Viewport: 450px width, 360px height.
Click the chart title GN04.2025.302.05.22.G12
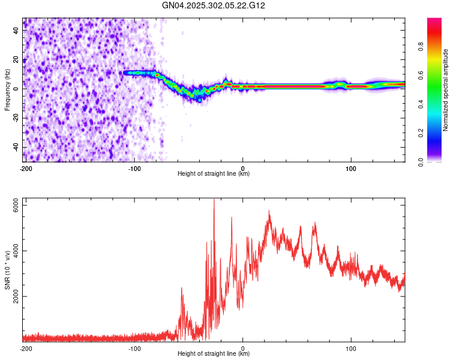click(213, 5)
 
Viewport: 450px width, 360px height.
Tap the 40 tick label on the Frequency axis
click(16, 31)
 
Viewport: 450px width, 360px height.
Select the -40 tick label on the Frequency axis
click(16, 147)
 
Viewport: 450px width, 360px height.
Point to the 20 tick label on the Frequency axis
click(16, 60)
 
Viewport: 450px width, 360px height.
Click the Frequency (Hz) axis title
click(7, 90)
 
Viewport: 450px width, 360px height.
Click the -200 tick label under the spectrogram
click(26, 169)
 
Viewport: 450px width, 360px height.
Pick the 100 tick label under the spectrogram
click(351, 169)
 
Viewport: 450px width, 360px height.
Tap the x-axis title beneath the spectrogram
click(214, 173)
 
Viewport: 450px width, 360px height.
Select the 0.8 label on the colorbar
click(421, 46)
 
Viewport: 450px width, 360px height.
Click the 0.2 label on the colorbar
click(421, 133)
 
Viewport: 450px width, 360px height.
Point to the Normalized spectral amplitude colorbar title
click(445, 90)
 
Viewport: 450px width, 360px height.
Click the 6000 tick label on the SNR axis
click(16, 205)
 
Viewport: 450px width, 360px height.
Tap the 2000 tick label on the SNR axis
click(16, 296)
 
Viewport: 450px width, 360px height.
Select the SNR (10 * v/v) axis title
click(7, 270)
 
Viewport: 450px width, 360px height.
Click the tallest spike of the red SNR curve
click(214, 199)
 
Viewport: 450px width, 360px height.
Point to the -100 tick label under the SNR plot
click(134, 349)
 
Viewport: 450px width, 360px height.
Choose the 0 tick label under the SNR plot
click(243, 349)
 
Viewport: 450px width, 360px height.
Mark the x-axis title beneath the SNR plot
click(214, 353)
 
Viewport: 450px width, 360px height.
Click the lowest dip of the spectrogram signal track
click(200, 100)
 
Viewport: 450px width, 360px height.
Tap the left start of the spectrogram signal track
click(124, 73)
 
